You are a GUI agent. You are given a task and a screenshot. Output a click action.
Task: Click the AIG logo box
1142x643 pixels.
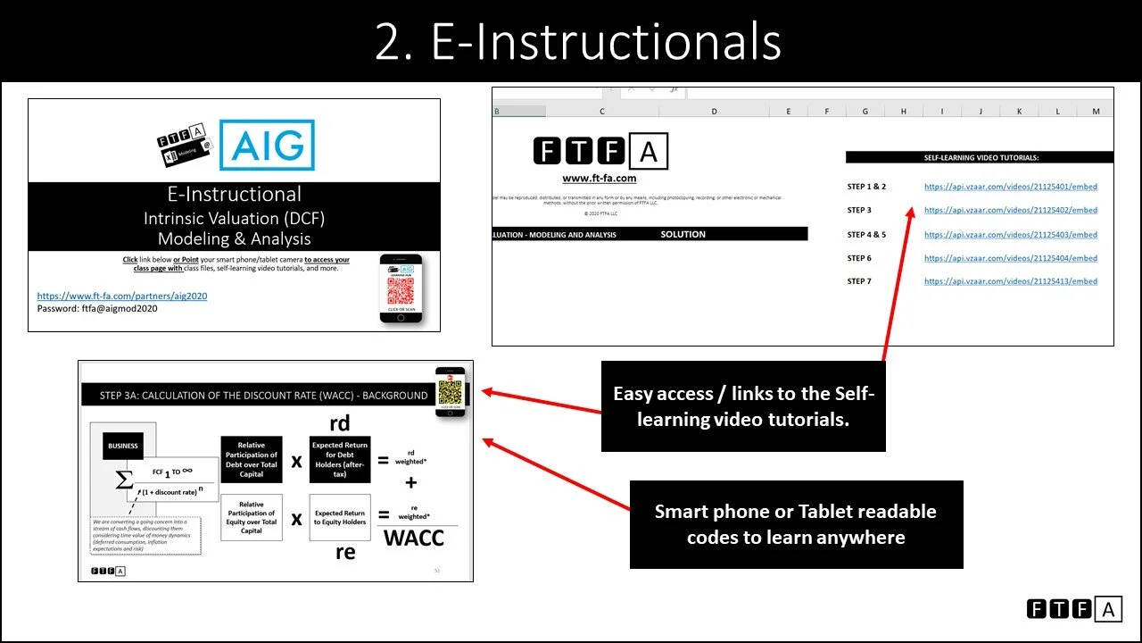tap(267, 146)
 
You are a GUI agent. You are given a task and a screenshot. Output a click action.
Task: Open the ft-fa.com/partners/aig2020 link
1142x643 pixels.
tap(122, 296)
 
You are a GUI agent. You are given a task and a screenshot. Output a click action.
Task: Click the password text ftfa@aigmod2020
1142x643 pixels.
tap(97, 308)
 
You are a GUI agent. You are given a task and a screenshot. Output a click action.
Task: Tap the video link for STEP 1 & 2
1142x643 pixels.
tap(1010, 187)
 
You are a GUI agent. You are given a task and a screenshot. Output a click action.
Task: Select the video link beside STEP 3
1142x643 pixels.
tap(1010, 210)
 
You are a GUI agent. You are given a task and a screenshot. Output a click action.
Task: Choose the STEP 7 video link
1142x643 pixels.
tap(1010, 281)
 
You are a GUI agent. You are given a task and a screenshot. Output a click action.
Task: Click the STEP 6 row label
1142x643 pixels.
tap(859, 258)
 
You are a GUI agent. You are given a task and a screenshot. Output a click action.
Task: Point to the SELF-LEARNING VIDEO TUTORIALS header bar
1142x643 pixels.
tap(980, 157)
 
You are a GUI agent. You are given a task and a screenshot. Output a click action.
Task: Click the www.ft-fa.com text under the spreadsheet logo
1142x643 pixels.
tap(599, 179)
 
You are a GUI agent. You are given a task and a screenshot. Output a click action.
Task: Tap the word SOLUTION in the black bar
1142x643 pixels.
tap(683, 234)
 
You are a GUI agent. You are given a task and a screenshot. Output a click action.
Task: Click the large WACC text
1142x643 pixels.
tap(414, 538)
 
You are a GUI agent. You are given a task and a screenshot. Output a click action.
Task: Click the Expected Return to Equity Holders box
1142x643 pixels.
tap(339, 517)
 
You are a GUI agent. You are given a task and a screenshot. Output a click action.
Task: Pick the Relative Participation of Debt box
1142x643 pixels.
tap(251, 460)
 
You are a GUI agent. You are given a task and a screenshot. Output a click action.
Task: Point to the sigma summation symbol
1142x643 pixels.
tap(125, 480)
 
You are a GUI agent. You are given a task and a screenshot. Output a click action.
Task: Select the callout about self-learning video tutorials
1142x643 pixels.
tap(742, 406)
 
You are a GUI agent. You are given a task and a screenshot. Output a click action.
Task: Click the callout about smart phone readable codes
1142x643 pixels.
tap(796, 524)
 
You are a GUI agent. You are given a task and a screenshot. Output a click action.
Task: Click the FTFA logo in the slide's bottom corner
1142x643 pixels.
tap(1074, 609)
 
